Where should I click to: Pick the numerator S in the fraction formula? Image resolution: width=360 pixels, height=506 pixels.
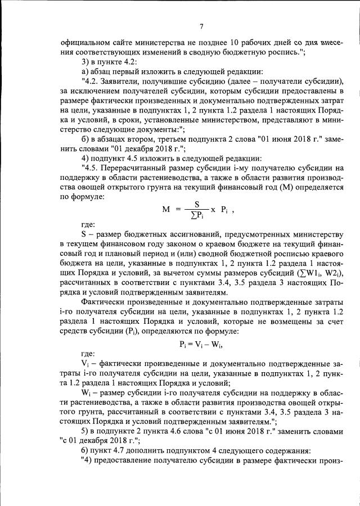pos(197,204)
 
